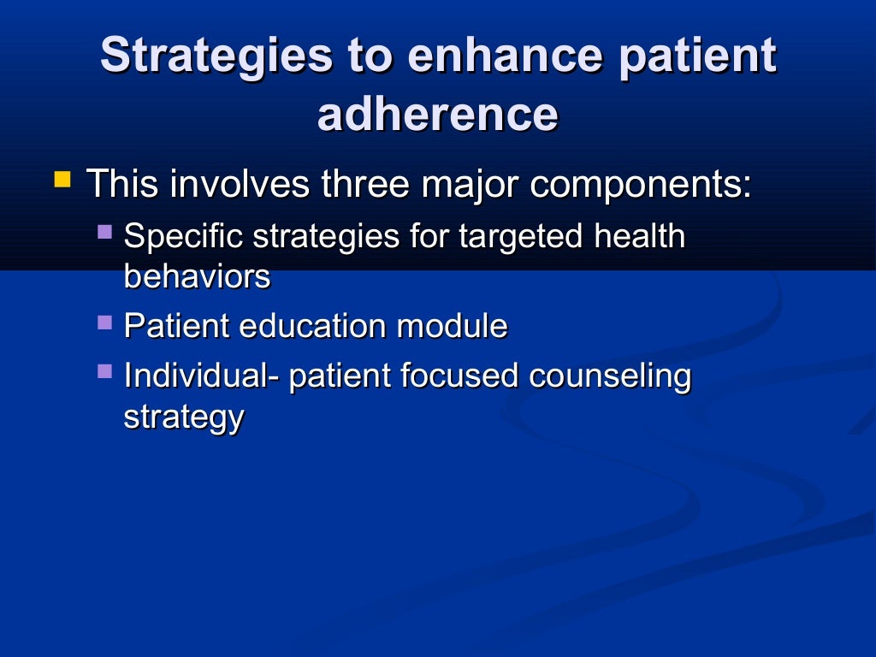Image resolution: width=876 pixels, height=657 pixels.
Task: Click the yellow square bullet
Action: point(62,181)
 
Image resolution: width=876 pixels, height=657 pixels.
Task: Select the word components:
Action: point(640,184)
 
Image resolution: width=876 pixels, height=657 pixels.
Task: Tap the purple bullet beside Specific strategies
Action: point(104,231)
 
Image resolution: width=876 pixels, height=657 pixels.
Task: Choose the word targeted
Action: point(521,237)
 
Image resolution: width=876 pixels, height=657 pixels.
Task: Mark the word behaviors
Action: point(197,276)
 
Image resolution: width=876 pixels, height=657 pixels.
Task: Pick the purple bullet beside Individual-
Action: point(104,371)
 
